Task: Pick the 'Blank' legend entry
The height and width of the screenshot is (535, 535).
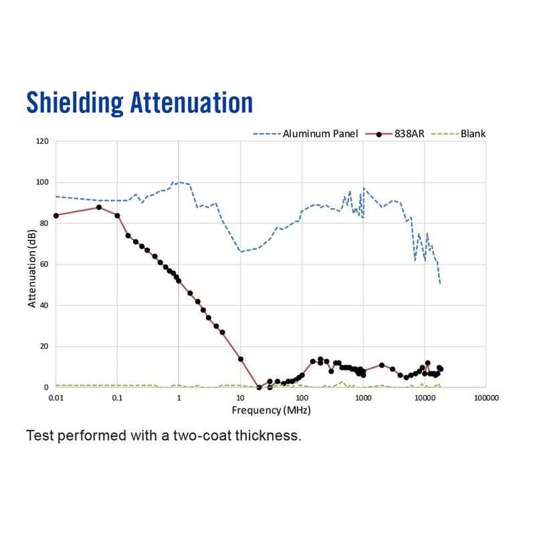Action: point(472,134)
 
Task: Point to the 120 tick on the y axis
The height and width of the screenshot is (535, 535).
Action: point(42,142)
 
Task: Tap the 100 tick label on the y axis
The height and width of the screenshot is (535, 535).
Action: point(42,183)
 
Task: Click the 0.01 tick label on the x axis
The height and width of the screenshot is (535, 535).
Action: point(56,397)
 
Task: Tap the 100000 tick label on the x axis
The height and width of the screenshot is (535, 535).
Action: point(486,397)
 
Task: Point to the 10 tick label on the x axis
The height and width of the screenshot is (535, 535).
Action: point(240,397)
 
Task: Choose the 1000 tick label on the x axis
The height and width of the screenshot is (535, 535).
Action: point(363,397)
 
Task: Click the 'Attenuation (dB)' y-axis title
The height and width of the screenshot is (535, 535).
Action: point(31,265)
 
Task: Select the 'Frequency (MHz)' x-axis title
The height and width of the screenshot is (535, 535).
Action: point(270,409)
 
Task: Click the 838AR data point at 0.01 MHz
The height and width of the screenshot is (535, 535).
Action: point(56,215)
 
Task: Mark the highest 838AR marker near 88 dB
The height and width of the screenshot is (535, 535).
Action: point(99,207)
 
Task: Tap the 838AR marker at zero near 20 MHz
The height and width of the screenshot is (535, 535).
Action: point(259,387)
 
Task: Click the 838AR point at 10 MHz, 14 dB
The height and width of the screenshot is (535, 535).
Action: point(241,359)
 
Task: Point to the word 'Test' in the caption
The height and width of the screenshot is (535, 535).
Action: point(39,436)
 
